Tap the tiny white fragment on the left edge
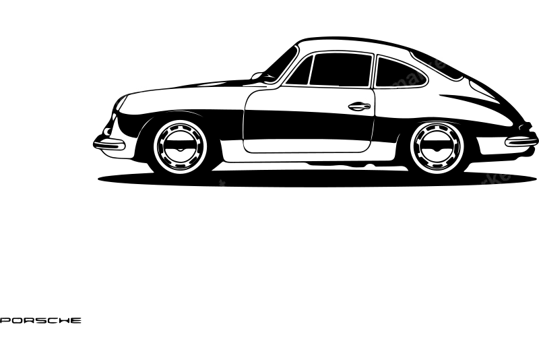tap(3, 316)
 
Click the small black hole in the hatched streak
tap(366, 105)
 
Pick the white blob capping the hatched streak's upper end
tap(447, 57)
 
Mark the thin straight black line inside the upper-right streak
tap(394, 88)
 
